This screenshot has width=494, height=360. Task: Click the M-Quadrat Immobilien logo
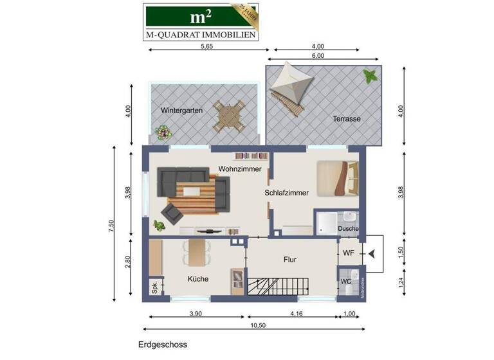(200, 21)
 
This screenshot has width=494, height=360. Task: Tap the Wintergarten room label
(182, 111)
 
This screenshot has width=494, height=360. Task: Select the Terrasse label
(346, 119)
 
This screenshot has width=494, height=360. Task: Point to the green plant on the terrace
(370, 76)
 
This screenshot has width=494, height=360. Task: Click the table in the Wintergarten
(230, 116)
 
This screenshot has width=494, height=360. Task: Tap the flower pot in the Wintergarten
(164, 133)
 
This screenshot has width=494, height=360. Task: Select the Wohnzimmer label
(239, 168)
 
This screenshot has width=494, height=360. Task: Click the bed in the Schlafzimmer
(338, 177)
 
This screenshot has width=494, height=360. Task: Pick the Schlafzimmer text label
(286, 192)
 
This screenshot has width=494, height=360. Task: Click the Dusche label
(348, 228)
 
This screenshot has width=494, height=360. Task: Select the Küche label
(197, 279)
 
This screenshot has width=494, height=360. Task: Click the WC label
(345, 282)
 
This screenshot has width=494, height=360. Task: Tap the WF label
(348, 253)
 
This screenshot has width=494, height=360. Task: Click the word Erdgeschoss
(162, 345)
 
